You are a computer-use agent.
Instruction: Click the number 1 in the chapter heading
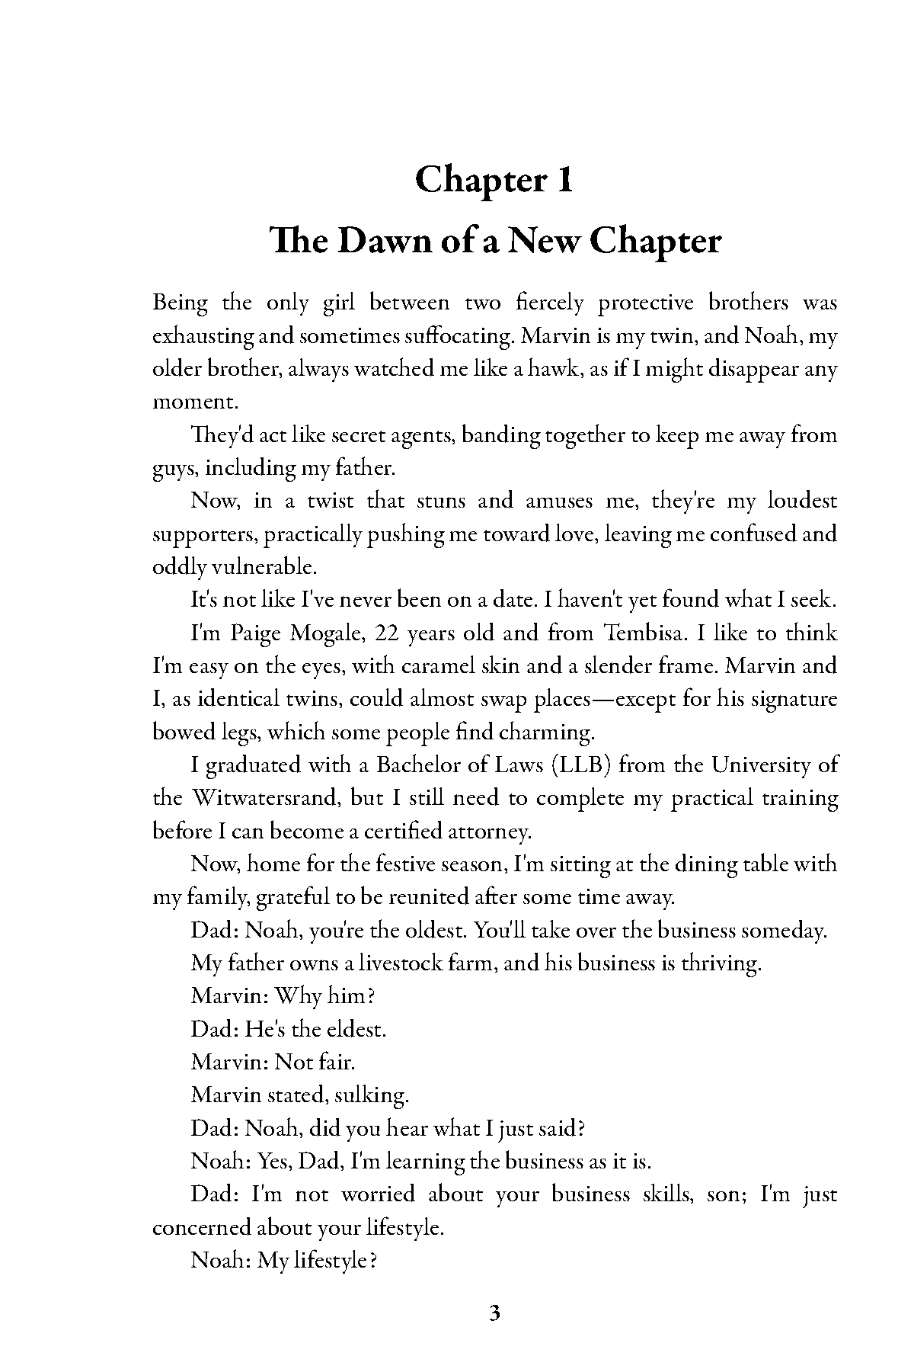pyautogui.click(x=564, y=180)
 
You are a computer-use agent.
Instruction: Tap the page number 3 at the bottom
pyautogui.click(x=494, y=1313)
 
